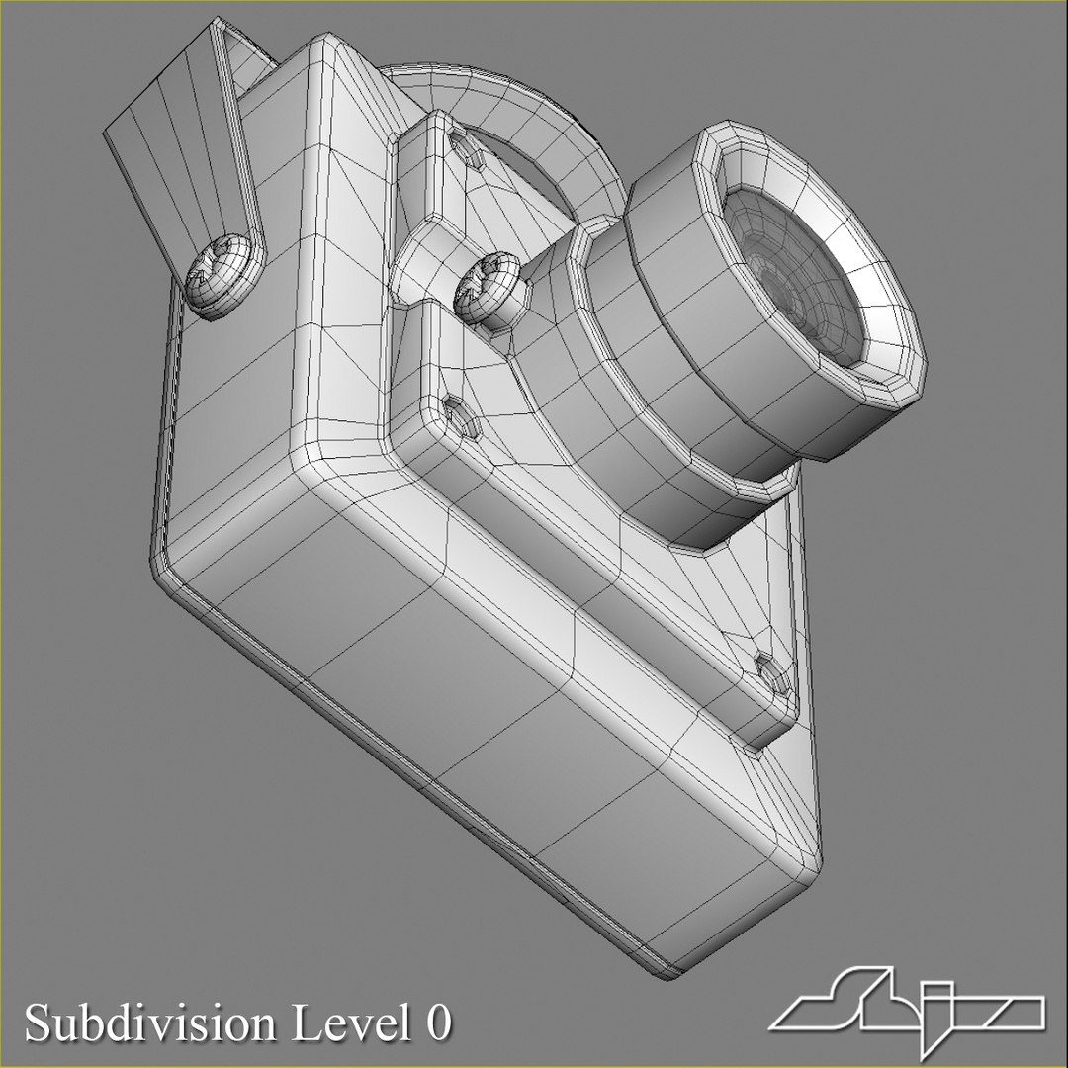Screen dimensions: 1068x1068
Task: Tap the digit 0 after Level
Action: point(438,1023)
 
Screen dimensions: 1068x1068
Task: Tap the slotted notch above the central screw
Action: point(466,147)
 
